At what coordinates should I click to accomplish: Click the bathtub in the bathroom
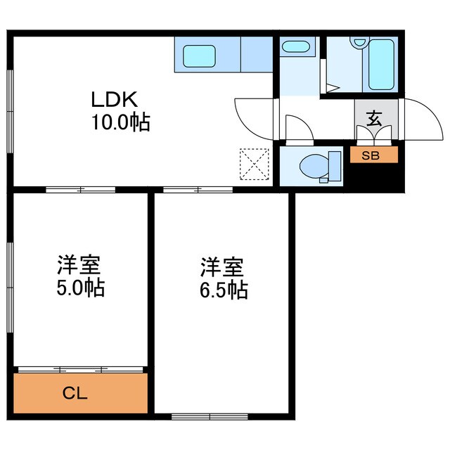(x=382, y=64)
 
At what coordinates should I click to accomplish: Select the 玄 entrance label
(x=374, y=119)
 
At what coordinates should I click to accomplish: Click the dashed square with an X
(x=254, y=163)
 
